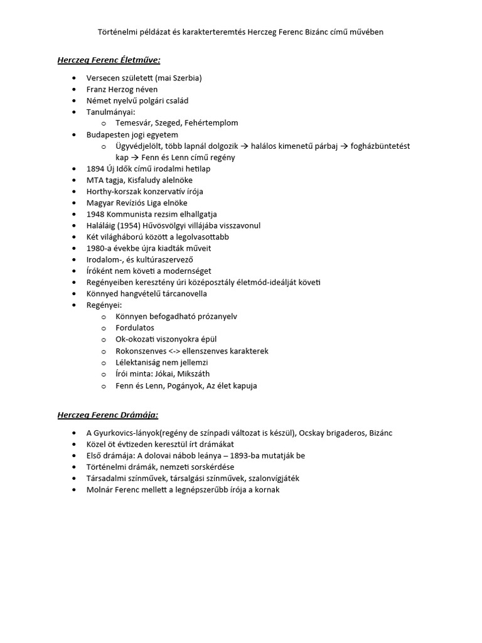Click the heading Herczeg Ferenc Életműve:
coord(109,60)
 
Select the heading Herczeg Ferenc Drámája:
coord(107,415)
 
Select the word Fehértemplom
coord(212,123)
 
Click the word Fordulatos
coord(134,328)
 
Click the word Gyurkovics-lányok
coord(126,433)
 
